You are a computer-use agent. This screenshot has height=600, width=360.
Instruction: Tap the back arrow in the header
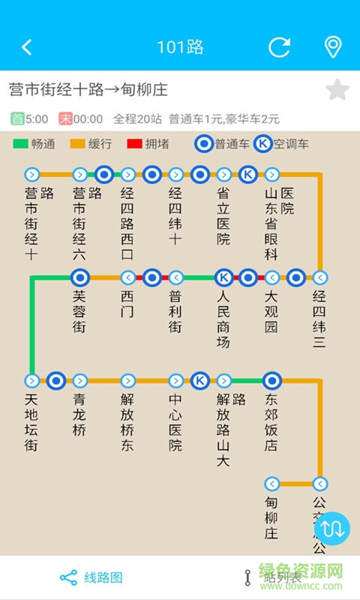(x=27, y=47)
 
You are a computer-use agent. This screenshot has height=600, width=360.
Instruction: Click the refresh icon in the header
(x=280, y=47)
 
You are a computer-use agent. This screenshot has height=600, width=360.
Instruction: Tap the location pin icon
(x=332, y=47)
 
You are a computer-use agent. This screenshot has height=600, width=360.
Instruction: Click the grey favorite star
(x=337, y=90)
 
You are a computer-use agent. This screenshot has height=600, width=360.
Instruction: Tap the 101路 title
(x=180, y=47)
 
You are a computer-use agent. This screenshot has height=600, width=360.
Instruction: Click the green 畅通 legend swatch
(x=20, y=144)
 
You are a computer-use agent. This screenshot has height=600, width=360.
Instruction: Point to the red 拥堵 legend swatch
(x=135, y=144)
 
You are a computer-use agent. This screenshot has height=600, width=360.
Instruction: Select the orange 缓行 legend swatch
(x=78, y=144)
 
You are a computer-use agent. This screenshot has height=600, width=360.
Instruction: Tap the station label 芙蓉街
(x=79, y=311)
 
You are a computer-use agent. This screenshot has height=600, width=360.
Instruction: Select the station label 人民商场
(x=223, y=319)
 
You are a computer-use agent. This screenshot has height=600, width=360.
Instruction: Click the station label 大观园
(x=271, y=311)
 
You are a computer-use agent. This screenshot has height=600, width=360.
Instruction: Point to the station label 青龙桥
(x=79, y=415)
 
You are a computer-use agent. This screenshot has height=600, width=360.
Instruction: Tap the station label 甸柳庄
(x=271, y=518)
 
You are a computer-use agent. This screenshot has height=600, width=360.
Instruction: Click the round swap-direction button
(x=337, y=527)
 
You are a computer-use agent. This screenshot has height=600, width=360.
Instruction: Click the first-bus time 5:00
(x=36, y=118)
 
